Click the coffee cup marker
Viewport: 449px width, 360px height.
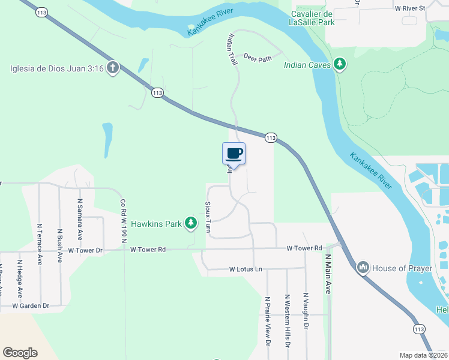click(234, 154)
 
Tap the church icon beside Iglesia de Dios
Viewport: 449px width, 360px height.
click(112, 67)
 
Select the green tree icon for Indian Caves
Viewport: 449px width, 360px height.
click(340, 64)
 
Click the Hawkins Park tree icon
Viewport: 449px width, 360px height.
click(191, 224)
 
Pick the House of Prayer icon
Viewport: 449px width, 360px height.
click(363, 268)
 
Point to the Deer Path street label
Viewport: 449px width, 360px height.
click(258, 58)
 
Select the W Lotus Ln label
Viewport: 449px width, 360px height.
click(246, 269)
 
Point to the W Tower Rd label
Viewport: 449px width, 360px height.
click(304, 248)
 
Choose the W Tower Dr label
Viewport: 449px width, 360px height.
click(86, 250)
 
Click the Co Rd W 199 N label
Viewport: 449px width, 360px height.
click(123, 221)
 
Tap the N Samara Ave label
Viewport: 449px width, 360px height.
click(79, 218)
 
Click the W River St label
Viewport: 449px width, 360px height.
click(409, 8)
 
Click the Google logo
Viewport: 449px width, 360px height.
click(20, 353)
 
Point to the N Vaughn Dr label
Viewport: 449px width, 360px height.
click(306, 312)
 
